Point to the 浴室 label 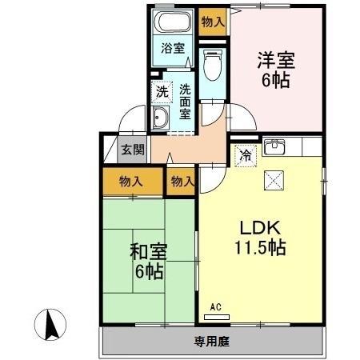[172, 47]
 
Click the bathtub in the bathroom [172, 24]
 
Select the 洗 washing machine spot [162, 92]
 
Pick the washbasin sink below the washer [160, 120]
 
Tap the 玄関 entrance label [133, 150]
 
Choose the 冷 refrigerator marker [245, 155]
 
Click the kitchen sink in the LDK [275, 147]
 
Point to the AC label [216, 307]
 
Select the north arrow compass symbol [53, 324]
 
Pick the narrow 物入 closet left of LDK [183, 182]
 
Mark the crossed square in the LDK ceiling [271, 181]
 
